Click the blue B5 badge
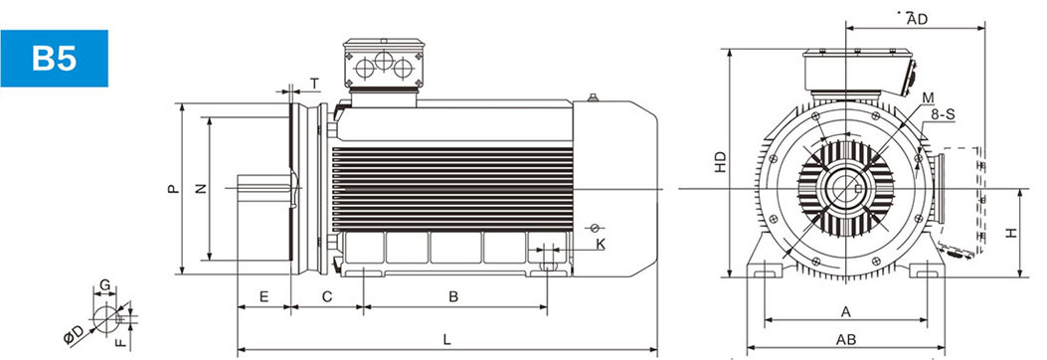[54, 58]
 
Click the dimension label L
[447, 339]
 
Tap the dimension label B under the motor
[453, 296]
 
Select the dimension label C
[327, 296]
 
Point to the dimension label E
[263, 296]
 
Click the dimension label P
[174, 189]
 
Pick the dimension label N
[201, 189]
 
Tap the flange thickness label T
[314, 84]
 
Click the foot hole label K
[601, 245]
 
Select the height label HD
[720, 162]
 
